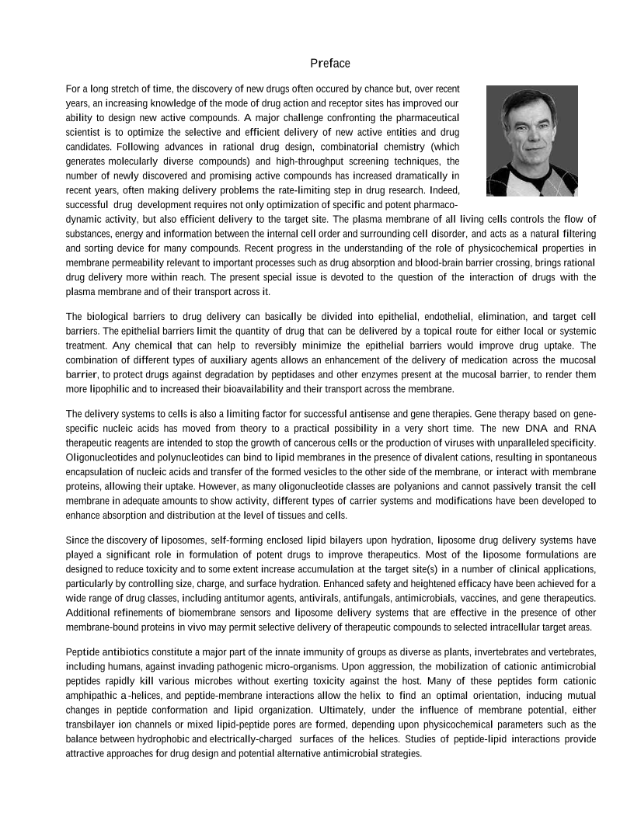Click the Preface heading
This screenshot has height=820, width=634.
[x=329, y=64]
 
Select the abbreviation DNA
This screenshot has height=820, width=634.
[x=521, y=428]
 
